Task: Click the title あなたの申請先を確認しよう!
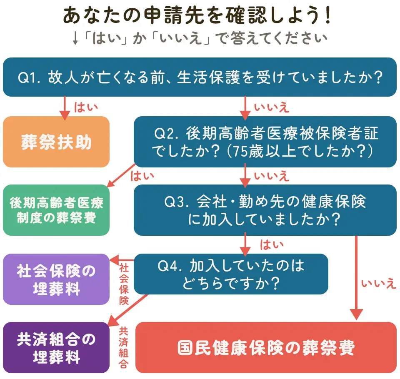(x=199, y=15)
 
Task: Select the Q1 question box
(x=200, y=77)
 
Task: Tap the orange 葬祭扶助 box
(x=56, y=142)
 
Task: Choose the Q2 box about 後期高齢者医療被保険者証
(x=265, y=142)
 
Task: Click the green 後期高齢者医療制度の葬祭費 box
(x=56, y=210)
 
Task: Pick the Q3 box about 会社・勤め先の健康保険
(x=265, y=210)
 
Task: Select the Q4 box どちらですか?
(x=231, y=274)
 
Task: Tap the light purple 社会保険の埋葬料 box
(x=56, y=279)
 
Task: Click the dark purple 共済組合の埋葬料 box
(x=56, y=347)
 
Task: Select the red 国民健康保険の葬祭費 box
(x=266, y=348)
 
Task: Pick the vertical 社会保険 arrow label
(x=124, y=283)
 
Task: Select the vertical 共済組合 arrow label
(x=124, y=348)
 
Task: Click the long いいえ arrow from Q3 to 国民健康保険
(x=357, y=277)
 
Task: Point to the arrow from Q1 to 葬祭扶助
(x=65, y=107)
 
